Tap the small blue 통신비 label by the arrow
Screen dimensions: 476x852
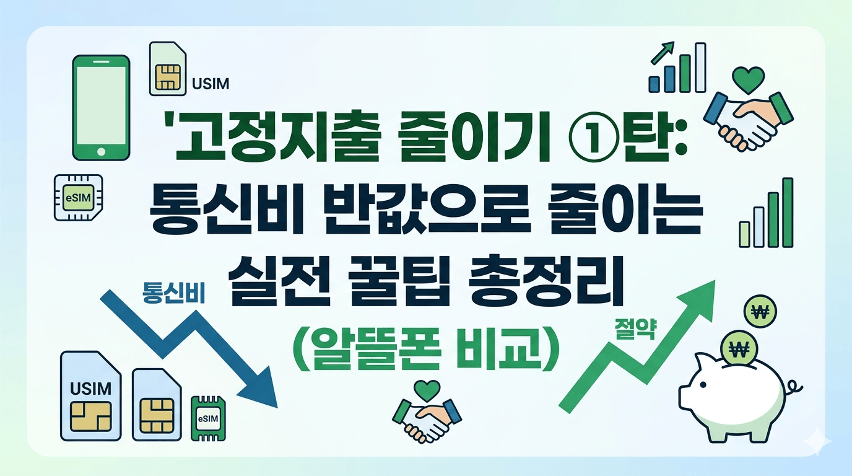click(173, 291)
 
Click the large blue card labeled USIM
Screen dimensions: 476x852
click(91, 396)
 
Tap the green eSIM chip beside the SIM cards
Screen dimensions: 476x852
click(208, 419)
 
